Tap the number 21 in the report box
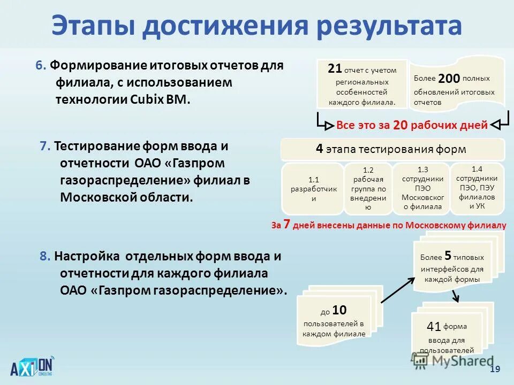[335, 68]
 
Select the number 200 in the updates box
[449, 79]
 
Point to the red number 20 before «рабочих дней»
[400, 126]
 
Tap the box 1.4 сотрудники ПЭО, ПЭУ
[477, 187]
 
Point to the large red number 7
[286, 225]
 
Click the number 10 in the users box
[339, 310]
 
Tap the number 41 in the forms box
[434, 326]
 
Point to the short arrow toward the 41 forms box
[454, 296]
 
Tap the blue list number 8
[44, 256]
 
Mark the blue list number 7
[44, 146]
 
